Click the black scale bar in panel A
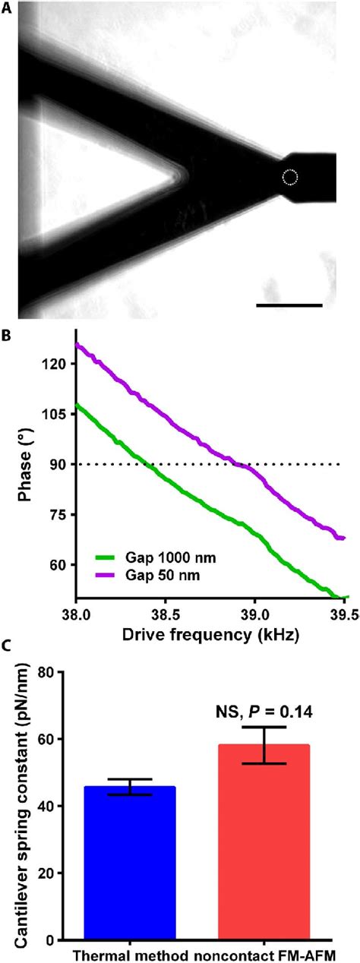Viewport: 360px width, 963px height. [x=289, y=305]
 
